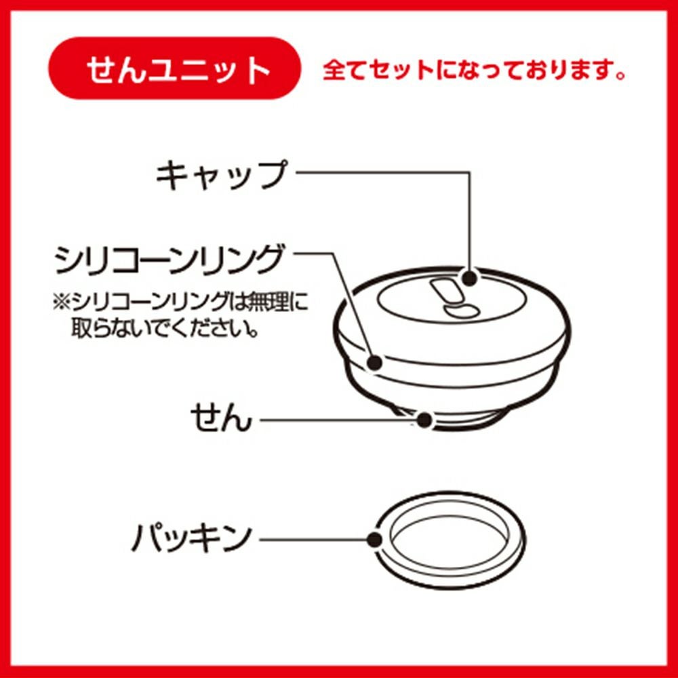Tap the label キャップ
click(221, 175)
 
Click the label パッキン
click(192, 538)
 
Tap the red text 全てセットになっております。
click(475, 70)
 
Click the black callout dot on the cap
click(470, 279)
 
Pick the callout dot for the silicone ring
click(375, 362)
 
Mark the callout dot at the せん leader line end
click(424, 419)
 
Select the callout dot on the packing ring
click(374, 540)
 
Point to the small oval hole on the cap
click(462, 311)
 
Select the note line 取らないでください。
click(165, 329)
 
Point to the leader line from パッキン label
click(313, 540)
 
